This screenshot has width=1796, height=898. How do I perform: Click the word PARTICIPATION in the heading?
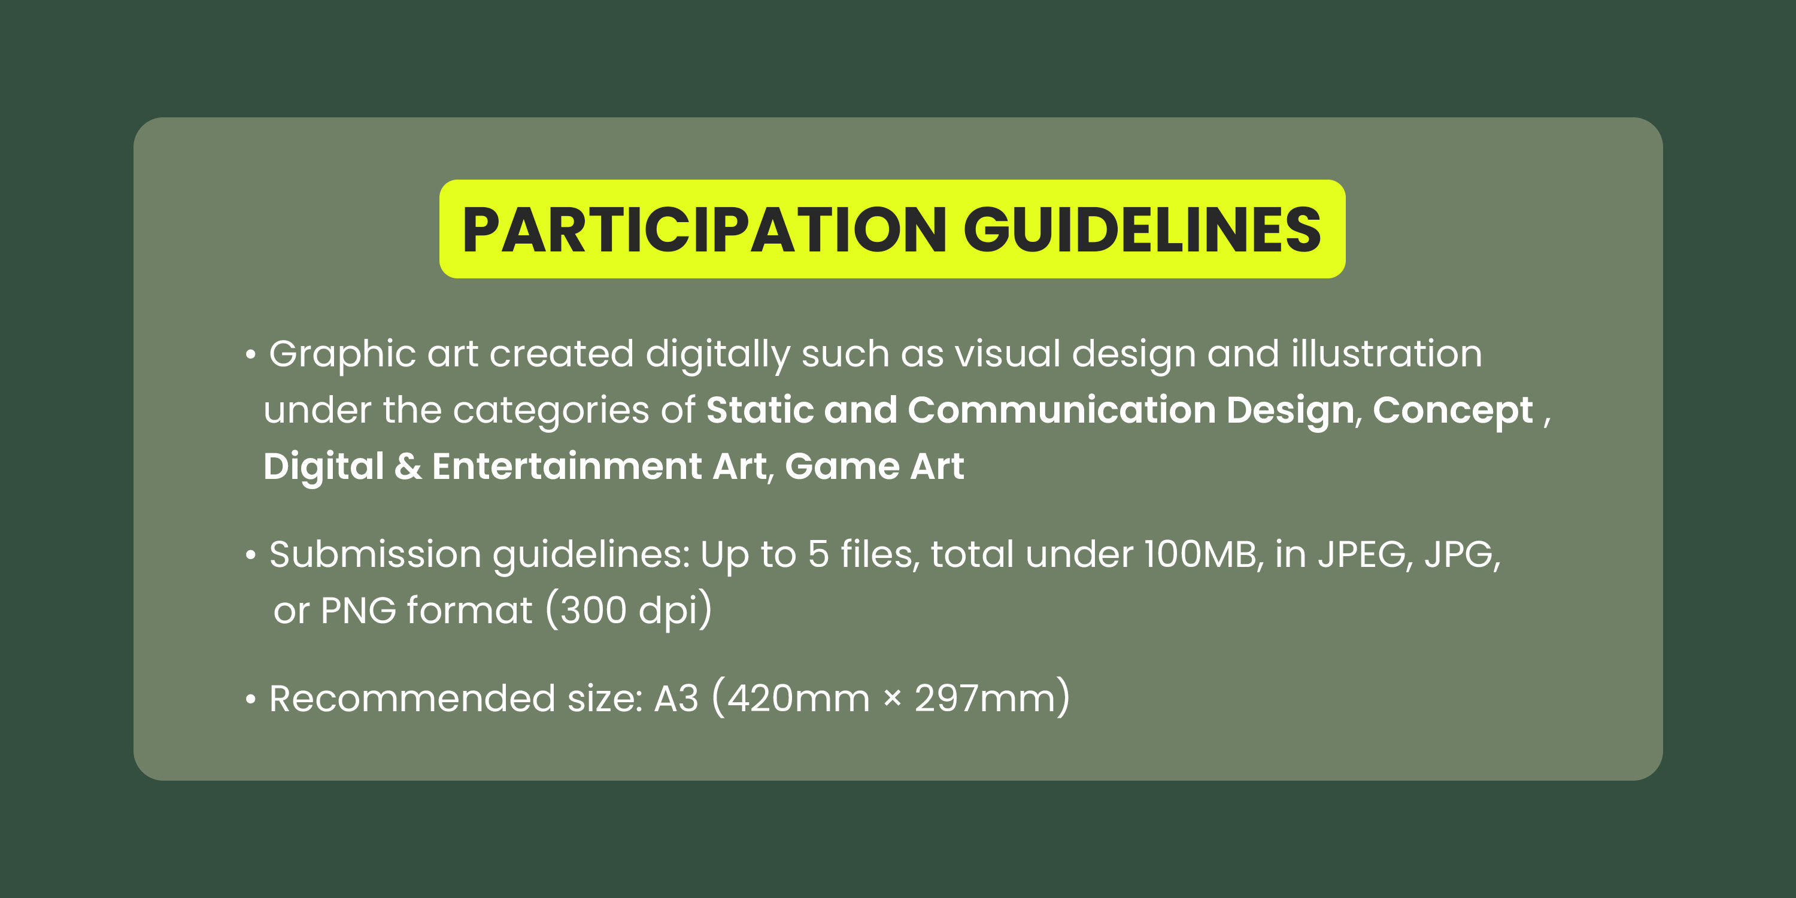click(x=705, y=230)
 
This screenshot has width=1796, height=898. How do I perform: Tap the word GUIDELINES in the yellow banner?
click(x=1143, y=230)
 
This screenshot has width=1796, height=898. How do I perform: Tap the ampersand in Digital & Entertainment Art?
click(x=408, y=466)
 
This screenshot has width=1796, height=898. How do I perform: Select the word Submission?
click(x=375, y=554)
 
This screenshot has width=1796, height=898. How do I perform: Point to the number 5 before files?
click(x=818, y=555)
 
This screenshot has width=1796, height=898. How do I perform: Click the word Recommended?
click(x=412, y=699)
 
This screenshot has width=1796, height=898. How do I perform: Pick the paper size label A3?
click(x=676, y=699)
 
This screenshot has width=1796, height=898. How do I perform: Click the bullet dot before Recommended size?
click(x=251, y=699)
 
